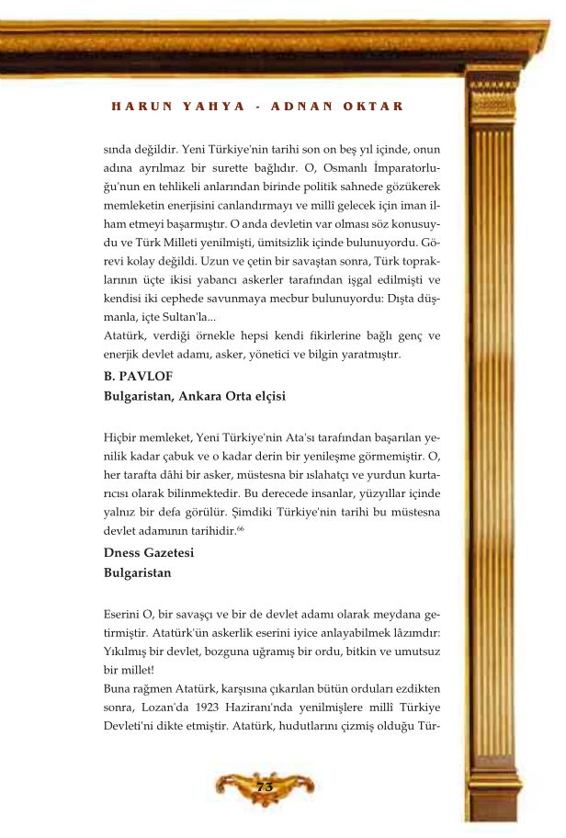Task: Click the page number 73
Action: click(x=264, y=787)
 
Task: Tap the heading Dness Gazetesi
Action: click(x=149, y=552)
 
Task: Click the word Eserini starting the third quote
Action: click(x=125, y=613)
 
